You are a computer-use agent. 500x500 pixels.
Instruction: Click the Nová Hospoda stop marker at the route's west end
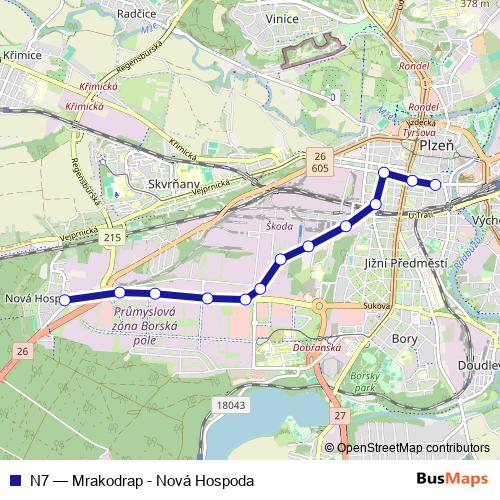point(64,299)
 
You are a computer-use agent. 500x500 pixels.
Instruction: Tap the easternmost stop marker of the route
point(435,184)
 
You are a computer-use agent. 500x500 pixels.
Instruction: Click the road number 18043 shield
point(229,405)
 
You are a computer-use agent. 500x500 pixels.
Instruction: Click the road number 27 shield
point(340,415)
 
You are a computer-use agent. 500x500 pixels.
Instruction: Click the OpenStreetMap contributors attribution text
point(413,448)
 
